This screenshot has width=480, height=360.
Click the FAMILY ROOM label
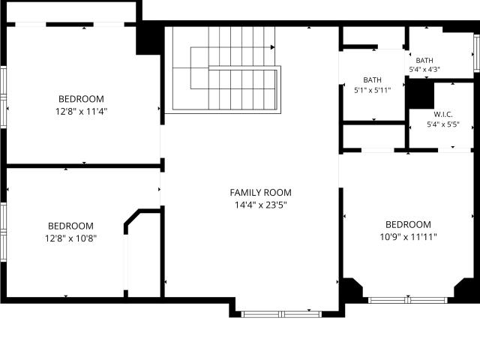coord(260,193)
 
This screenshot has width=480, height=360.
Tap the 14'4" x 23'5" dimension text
coord(260,205)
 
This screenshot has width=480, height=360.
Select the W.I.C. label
coord(443,115)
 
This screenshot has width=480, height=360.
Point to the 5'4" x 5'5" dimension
coord(443,124)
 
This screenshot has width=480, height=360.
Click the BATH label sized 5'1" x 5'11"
coord(372,80)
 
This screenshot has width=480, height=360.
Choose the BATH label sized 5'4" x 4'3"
coord(424,60)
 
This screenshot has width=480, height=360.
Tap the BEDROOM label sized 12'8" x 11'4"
coord(81,99)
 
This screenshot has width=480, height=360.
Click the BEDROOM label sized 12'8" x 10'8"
coord(70,226)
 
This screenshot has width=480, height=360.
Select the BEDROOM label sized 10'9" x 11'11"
coord(408,225)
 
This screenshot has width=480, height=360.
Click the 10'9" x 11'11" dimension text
coord(408,237)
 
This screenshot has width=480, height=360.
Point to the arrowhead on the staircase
coord(272,47)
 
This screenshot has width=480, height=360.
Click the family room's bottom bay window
coord(281,314)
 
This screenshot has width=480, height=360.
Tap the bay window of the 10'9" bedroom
coord(408,300)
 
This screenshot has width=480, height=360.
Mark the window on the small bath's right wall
coord(477,53)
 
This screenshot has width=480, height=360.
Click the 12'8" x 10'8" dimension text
coord(70,238)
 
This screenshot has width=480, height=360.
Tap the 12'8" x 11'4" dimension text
coord(81,111)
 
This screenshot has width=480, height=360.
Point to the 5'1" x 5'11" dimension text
coord(372,90)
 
